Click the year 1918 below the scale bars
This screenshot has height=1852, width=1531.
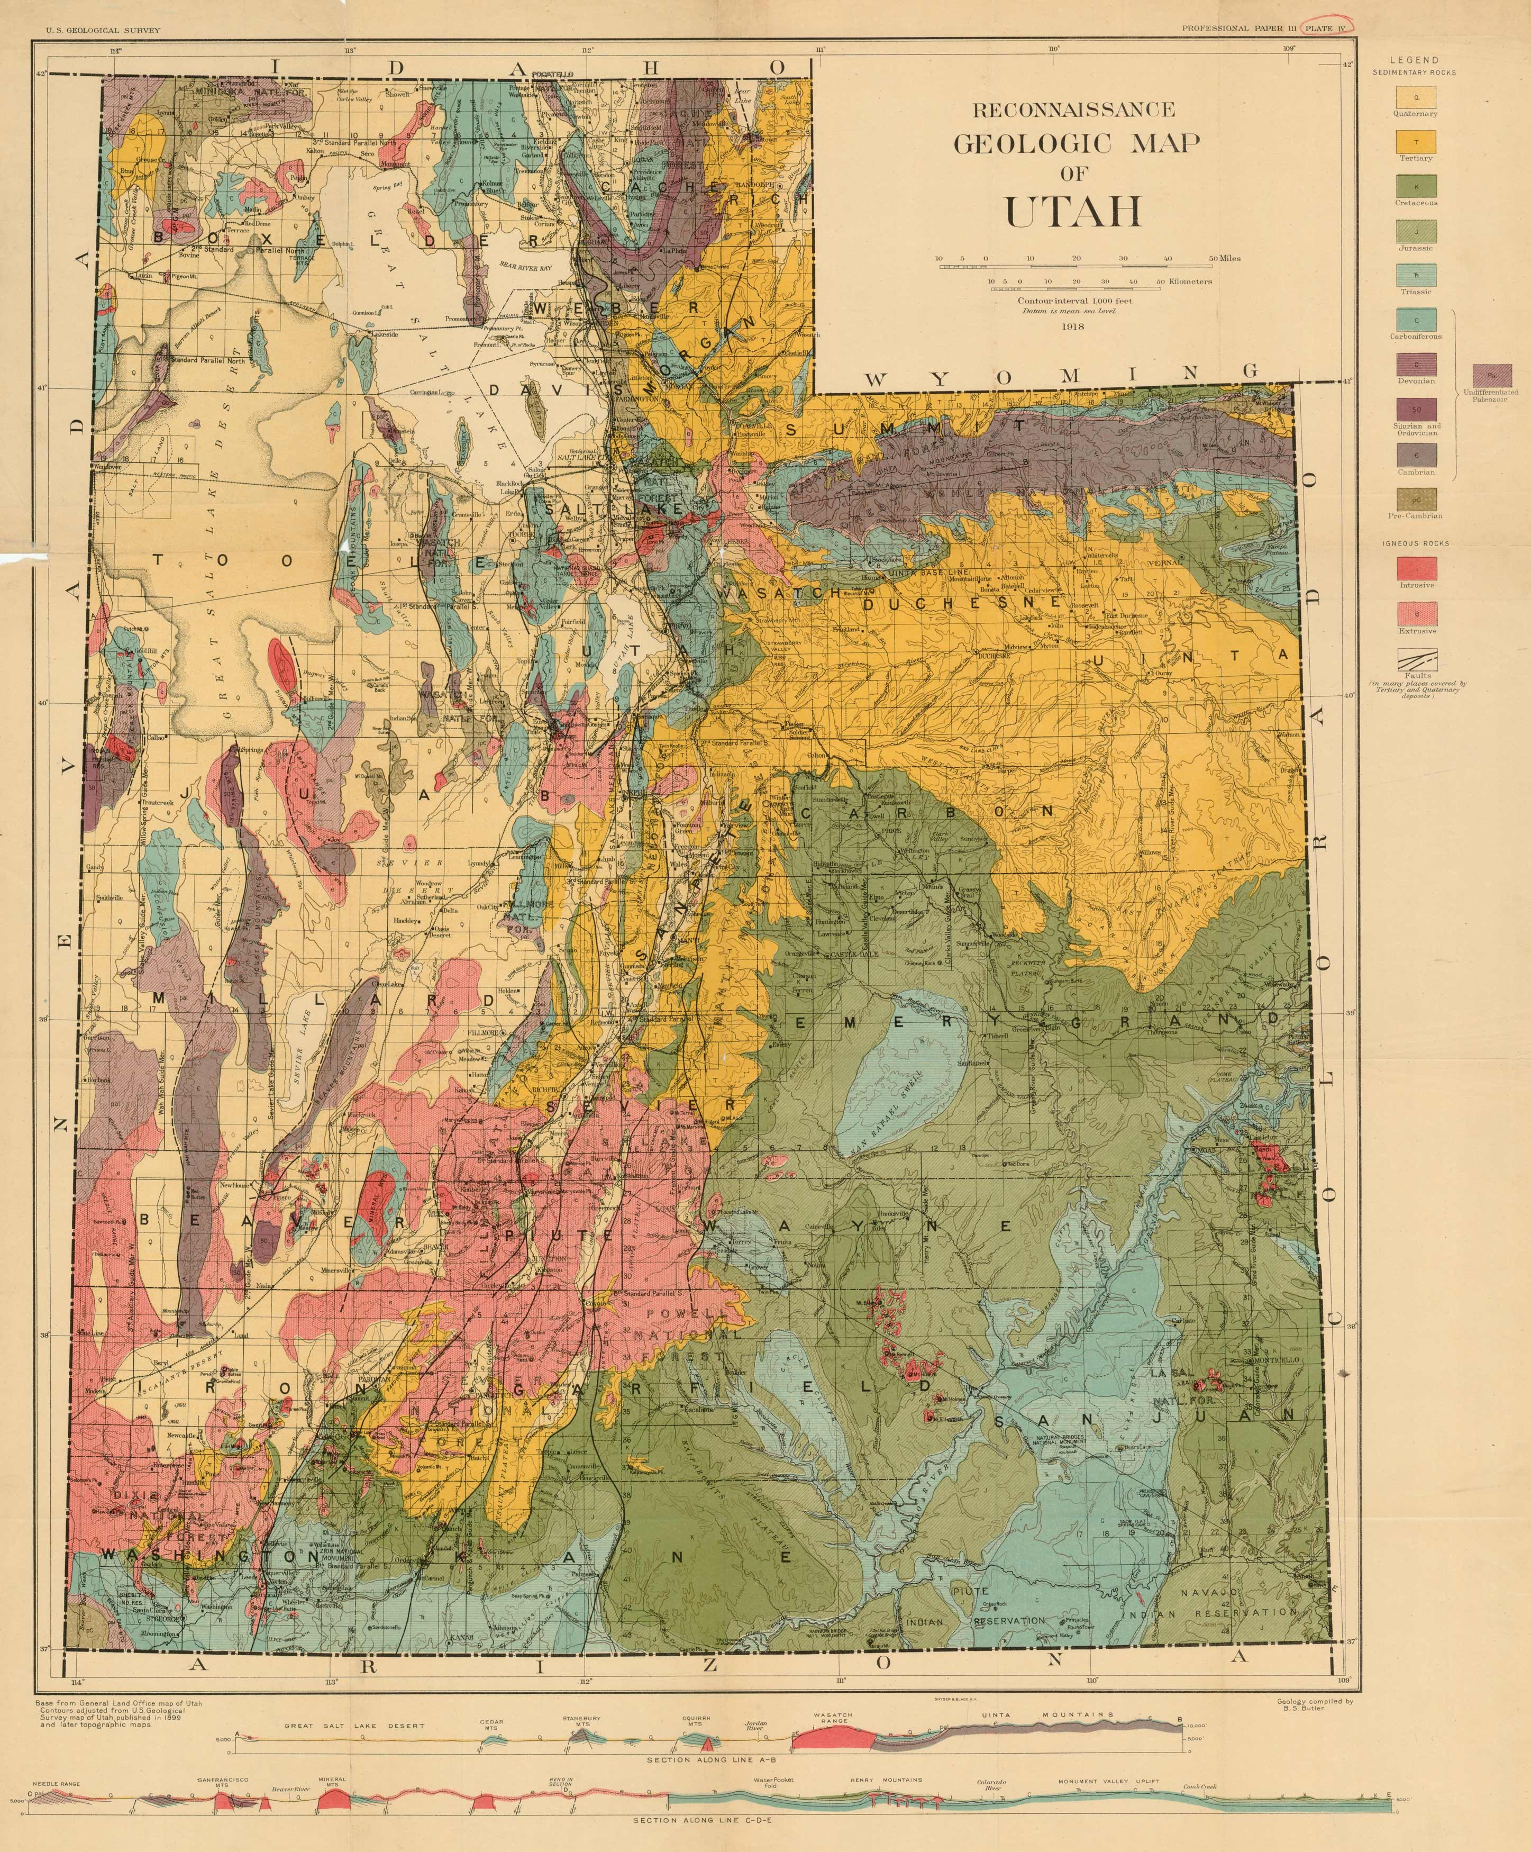pyautogui.click(x=1073, y=326)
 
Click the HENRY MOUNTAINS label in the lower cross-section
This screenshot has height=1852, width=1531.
pyautogui.click(x=886, y=1780)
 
